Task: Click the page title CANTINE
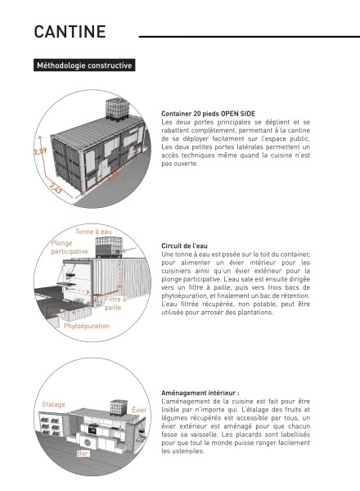coord(70,32)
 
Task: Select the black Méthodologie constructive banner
coord(84,65)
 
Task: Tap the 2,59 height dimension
coord(40,151)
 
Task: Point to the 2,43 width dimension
coord(56,188)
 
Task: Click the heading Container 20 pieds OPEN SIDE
coord(208,114)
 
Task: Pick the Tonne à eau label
coord(93,232)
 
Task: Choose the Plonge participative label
coord(70,247)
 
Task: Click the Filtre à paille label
coord(115,303)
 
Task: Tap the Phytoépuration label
coord(87,326)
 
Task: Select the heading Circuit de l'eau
coord(184,245)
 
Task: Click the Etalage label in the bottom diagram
coord(53,404)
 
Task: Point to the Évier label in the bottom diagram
coord(139,410)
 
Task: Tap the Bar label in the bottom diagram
coord(83,453)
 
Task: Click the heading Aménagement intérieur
coord(200,393)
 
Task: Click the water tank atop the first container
coord(117,108)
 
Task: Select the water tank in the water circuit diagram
coord(108,247)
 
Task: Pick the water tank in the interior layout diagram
coord(119,408)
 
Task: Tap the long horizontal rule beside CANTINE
coord(250,37)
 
